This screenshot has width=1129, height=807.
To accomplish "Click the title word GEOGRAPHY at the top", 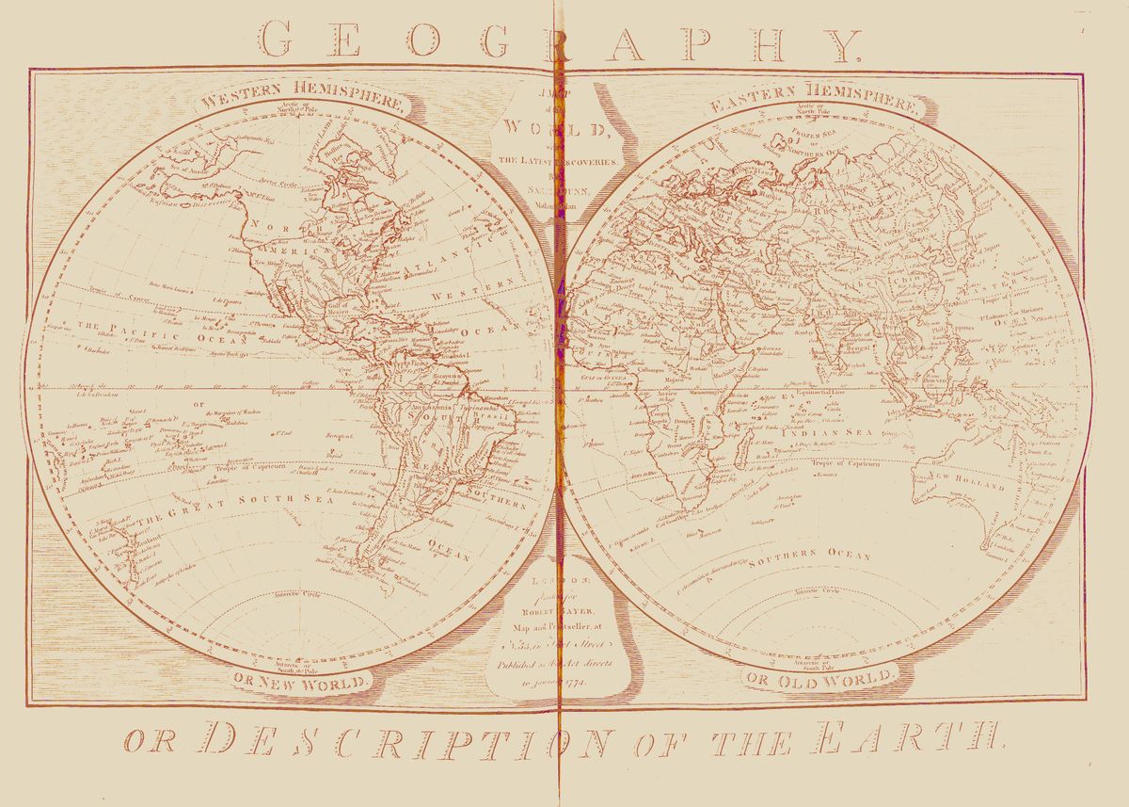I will pos(561,42).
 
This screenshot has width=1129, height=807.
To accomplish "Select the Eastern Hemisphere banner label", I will pos(813,105).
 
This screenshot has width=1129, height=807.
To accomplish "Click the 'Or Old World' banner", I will pos(819,678).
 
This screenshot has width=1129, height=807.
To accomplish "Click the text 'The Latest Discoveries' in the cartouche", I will pos(559,161).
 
